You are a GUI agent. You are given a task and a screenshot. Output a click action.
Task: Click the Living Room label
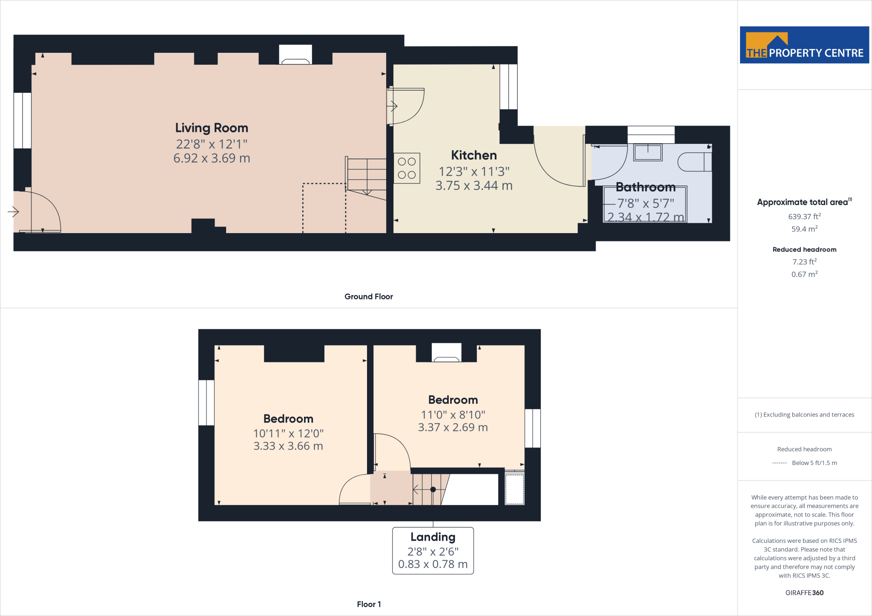click(x=212, y=128)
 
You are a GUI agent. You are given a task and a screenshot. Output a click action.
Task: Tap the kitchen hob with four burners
click(x=407, y=168)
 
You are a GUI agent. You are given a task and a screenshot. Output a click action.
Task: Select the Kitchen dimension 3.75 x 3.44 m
click(x=474, y=185)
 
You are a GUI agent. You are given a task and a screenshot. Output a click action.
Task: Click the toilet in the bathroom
click(x=694, y=162)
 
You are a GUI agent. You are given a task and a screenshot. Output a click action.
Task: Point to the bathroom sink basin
click(x=648, y=152)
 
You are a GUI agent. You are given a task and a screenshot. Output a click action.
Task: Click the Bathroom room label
click(x=645, y=187)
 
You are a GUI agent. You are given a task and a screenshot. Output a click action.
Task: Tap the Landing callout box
click(x=433, y=550)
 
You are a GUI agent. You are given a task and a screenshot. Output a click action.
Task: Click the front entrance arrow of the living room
click(x=13, y=211)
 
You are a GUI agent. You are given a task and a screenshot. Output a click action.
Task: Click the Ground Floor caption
click(x=368, y=297)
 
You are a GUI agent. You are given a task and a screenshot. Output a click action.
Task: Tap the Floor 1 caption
click(x=369, y=604)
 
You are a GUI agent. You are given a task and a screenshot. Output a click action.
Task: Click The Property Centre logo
click(x=804, y=45)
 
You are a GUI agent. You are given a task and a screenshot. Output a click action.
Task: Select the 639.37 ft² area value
click(x=804, y=217)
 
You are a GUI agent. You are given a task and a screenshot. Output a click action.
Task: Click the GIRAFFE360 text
click(x=804, y=593)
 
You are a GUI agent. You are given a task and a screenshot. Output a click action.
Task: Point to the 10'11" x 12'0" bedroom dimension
click(x=288, y=433)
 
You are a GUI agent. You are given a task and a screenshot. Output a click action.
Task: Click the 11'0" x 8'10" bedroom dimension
click(x=453, y=415)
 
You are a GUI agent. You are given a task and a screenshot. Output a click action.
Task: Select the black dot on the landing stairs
click(x=433, y=489)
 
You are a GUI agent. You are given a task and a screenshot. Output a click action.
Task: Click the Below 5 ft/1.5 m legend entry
click(x=814, y=463)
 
